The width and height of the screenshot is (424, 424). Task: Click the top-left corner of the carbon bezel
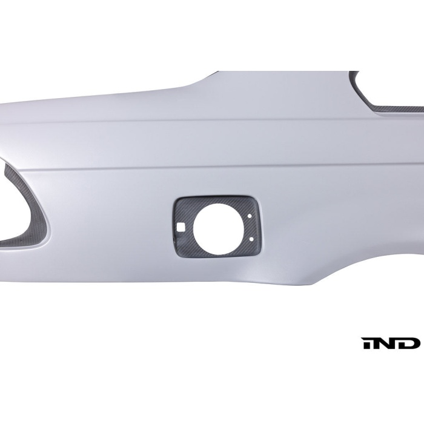[x=177, y=200]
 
